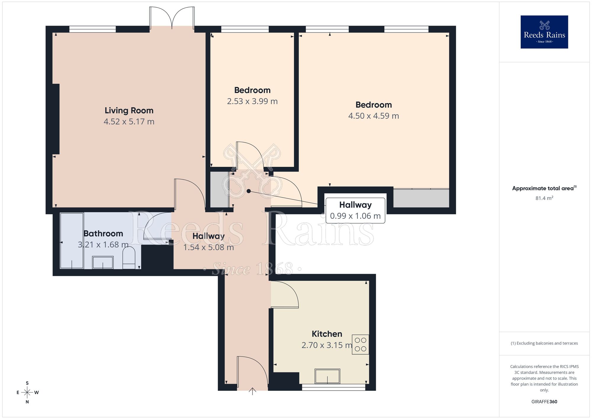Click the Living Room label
click(x=129, y=111)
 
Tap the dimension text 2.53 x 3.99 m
click(x=252, y=101)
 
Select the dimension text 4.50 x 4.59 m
click(x=374, y=116)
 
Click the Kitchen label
click(x=327, y=334)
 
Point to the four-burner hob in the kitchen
click(x=360, y=344)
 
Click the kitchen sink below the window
click(x=327, y=376)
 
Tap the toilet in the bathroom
click(x=129, y=258)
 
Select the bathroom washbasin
click(x=103, y=263)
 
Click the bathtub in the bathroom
click(x=72, y=241)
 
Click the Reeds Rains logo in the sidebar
click(x=544, y=32)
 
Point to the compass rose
click(x=27, y=393)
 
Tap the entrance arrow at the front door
click(x=252, y=391)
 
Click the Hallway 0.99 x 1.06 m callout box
click(x=355, y=210)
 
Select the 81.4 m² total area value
click(x=544, y=198)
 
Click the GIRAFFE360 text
click(x=544, y=402)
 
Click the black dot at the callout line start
click(x=249, y=191)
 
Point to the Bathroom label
click(x=103, y=234)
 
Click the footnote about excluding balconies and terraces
click(x=544, y=343)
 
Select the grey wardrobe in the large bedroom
click(x=421, y=198)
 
